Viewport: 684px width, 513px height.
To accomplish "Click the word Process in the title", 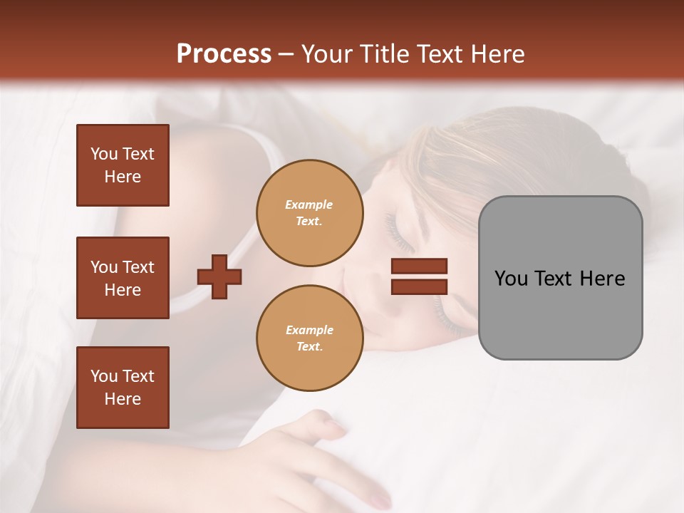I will point(224,54).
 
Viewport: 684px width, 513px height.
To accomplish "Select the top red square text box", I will point(123,165).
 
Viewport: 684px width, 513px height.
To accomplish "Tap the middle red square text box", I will point(123,278).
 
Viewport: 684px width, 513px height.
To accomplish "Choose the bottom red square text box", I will point(123,388).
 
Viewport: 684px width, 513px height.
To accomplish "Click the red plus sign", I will point(219,276).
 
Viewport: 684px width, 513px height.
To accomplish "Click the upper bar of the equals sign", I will point(419,266).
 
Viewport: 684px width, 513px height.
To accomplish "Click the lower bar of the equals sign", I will point(419,286).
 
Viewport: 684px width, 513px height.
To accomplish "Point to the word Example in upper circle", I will point(309,204).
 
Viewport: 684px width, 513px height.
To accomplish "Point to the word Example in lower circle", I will point(309,330).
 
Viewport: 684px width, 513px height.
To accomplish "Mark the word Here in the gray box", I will point(603,279).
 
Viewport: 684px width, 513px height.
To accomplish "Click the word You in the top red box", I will point(103,154).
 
